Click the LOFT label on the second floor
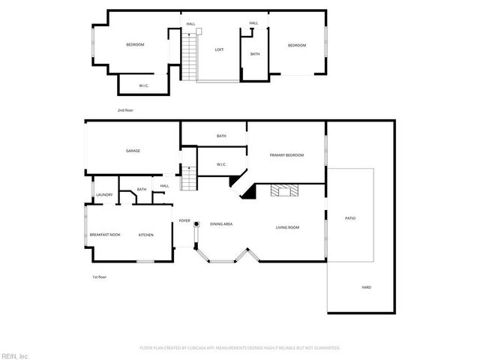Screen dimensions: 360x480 click(x=219, y=49)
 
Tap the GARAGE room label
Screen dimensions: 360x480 click(x=133, y=151)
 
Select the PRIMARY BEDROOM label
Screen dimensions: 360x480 click(x=286, y=155)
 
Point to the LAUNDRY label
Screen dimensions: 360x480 click(x=103, y=195)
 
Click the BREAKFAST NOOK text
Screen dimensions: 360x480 click(x=105, y=235)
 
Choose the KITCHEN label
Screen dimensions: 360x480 click(x=145, y=235)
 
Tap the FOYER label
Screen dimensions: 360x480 click(x=184, y=220)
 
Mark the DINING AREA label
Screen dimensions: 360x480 click(x=220, y=224)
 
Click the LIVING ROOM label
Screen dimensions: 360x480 click(x=287, y=227)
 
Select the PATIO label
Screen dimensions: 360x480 click(x=349, y=218)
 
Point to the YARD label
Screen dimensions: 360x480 click(x=366, y=287)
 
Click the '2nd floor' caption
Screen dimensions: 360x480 click(x=125, y=110)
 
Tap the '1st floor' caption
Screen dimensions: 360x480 click(x=99, y=277)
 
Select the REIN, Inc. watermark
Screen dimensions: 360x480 click(x=14, y=355)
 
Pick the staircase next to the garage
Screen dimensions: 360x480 click(x=190, y=178)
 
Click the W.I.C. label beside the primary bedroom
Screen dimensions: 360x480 click(x=221, y=164)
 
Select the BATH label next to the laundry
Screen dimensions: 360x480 click(x=141, y=189)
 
